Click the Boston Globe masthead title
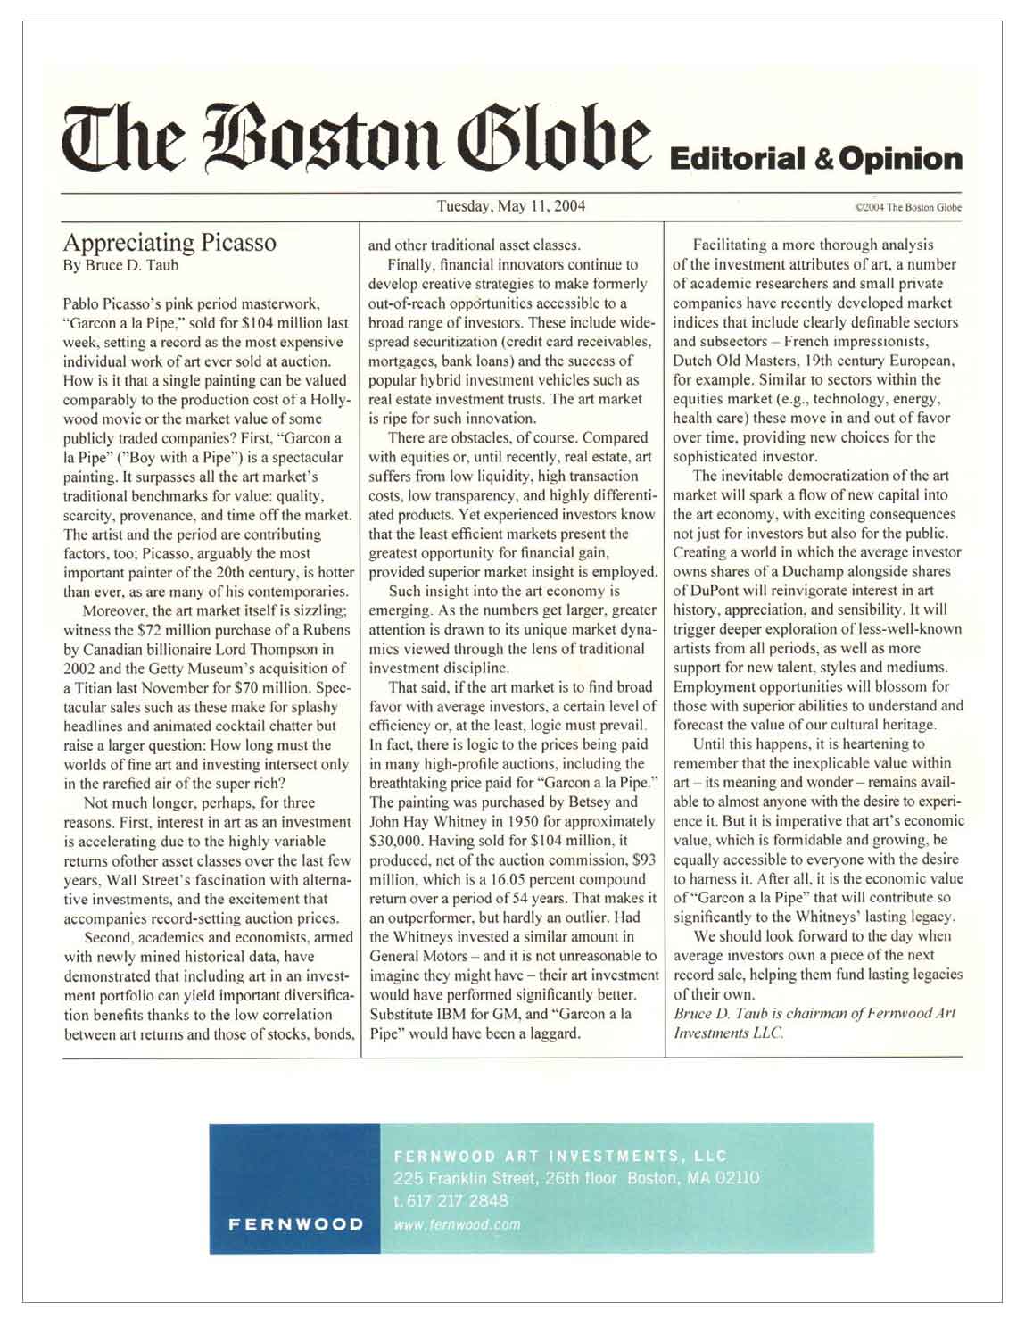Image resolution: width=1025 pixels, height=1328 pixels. [x=353, y=140]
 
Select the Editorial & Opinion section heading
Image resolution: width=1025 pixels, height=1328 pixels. [x=814, y=159]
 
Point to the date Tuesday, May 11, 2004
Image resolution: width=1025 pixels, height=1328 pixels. [x=510, y=206]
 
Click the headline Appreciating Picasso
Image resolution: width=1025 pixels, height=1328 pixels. [x=169, y=243]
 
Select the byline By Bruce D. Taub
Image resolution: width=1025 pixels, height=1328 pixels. [x=120, y=265]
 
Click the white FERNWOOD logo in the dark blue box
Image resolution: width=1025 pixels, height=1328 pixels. [x=295, y=1224]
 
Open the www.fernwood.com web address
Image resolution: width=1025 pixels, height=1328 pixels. [x=457, y=1224]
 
